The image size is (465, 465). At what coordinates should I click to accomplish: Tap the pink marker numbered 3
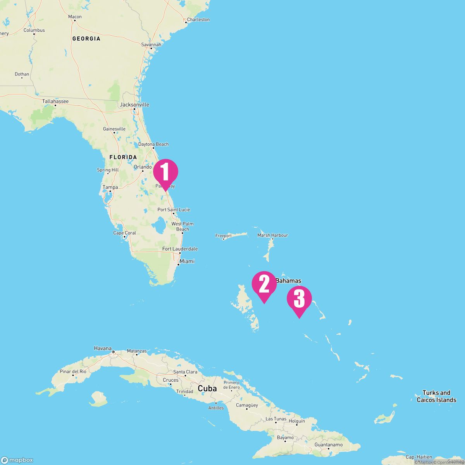pos(299,299)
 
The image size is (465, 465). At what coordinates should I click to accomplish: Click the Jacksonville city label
pos(134,105)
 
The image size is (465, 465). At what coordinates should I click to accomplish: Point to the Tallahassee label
pos(55,102)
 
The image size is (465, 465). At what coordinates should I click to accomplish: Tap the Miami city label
pos(187,261)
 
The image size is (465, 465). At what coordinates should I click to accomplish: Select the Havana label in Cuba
pos(103,348)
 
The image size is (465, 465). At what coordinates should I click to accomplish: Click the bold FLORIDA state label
pos(123,157)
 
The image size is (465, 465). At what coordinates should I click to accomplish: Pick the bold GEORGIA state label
pos(86,39)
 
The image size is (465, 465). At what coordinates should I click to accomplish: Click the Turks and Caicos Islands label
pos(436,396)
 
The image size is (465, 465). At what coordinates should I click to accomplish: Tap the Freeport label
pos(224,236)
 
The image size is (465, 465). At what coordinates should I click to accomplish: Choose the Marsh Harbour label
pos(273,235)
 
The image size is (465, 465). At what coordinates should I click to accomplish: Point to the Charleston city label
pos(198,19)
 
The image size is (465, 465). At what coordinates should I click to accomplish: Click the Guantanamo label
pos(329,445)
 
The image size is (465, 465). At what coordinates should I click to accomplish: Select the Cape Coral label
pos(124,233)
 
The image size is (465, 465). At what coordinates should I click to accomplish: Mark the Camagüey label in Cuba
pos(247,405)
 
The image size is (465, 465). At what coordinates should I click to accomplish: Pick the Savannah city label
pos(151,45)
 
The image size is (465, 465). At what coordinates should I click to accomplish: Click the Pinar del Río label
pos(73,372)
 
